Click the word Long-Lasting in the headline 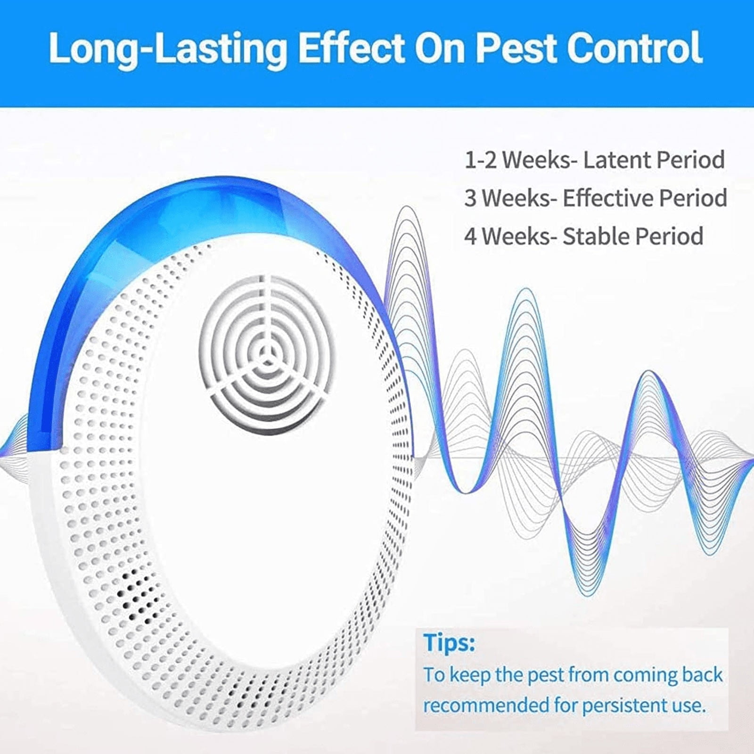click(x=168, y=48)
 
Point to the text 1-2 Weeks click(x=522, y=160)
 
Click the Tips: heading click(x=449, y=643)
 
